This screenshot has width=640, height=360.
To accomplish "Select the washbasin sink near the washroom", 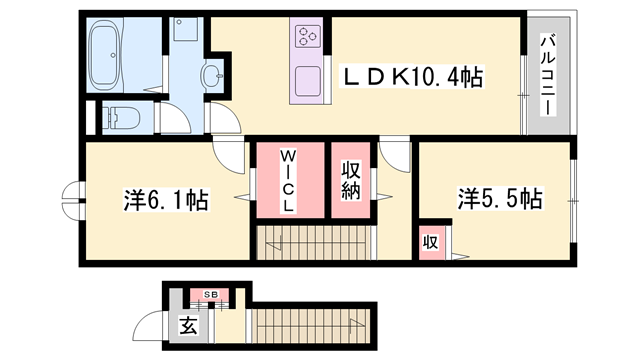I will click(213, 73).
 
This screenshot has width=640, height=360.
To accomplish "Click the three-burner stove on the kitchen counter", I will click(306, 38).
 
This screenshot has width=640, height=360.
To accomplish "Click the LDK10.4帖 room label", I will click(413, 76).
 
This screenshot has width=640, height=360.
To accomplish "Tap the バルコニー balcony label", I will click(550, 75).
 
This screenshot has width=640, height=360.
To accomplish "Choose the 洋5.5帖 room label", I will click(500, 197).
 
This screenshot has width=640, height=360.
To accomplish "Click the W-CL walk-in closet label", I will click(287, 180).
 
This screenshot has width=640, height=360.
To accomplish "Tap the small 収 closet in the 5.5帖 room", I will click(430, 242).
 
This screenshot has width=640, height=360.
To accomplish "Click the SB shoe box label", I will click(211, 294).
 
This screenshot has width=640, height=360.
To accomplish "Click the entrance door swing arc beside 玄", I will click(153, 325).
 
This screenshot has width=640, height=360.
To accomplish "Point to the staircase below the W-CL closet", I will click(300, 243).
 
